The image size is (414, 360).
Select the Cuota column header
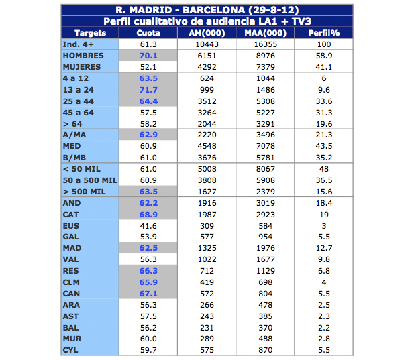tap(148, 32)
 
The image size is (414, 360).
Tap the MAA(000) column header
tap(265, 32)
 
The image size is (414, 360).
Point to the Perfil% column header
tap(323, 32)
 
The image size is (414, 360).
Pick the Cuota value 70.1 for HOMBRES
tap(148, 56)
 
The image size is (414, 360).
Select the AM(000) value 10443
tap(207, 44)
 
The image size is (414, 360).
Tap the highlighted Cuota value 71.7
tap(148, 89)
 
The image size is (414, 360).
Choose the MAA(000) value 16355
tap(265, 44)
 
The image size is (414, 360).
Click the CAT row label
tap(71, 214)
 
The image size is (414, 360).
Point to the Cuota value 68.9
tap(148, 214)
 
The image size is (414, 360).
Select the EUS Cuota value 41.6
tap(148, 226)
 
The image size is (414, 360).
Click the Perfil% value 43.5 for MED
tap(323, 145)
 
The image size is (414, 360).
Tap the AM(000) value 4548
tap(207, 145)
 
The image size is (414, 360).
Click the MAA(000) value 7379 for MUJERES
tap(265, 67)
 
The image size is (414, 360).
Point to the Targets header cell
tap(90, 32)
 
